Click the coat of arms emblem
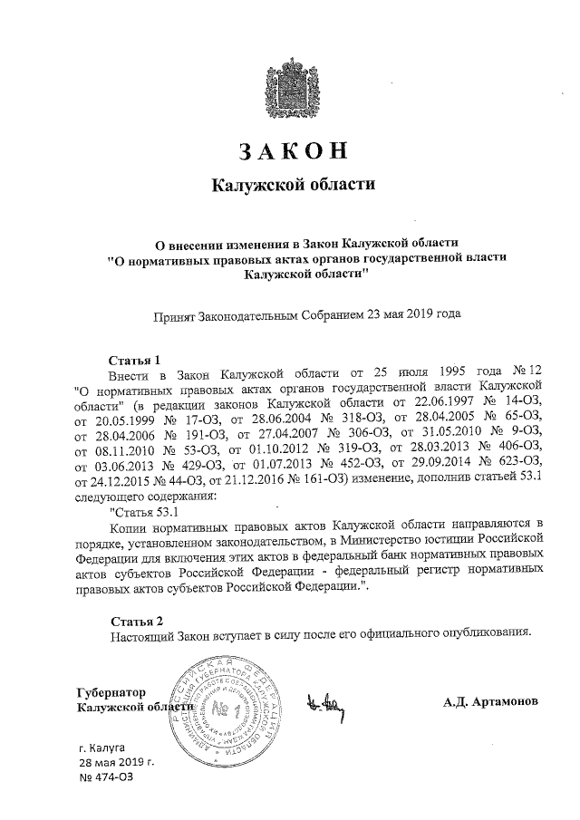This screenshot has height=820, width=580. tap(292, 89)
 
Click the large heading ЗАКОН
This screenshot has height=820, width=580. tap(292, 151)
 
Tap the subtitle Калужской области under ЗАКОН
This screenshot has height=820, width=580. tap(292, 186)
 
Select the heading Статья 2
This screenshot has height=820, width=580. tap(136, 621)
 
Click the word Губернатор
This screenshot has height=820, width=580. tap(113, 691)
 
